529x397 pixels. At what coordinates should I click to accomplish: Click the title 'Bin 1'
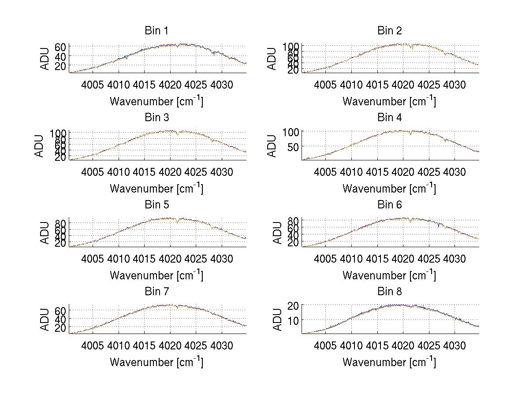(x=156, y=31)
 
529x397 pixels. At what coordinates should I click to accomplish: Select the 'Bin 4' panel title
(x=389, y=118)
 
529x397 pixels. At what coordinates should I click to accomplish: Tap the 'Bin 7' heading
(x=156, y=292)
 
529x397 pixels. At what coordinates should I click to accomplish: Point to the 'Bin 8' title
(x=389, y=292)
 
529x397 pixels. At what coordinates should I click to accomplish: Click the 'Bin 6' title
(x=389, y=205)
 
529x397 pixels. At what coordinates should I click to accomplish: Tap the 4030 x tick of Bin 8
(x=454, y=346)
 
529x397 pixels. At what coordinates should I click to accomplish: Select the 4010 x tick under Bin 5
(x=119, y=259)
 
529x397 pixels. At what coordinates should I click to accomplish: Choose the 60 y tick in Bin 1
(x=60, y=47)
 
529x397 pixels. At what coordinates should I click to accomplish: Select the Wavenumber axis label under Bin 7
(x=156, y=362)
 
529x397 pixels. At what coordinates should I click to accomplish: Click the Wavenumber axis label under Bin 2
(x=389, y=101)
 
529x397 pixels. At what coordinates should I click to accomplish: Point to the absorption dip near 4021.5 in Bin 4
(x=410, y=134)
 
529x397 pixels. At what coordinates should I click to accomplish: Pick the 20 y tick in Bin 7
(x=60, y=328)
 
